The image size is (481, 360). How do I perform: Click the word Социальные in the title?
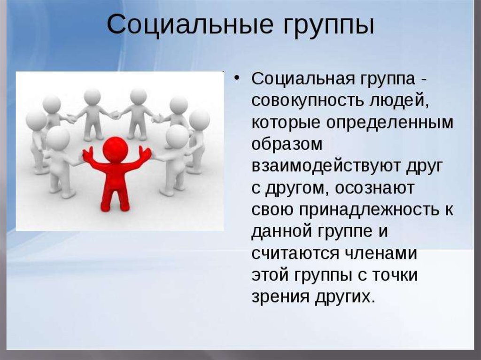tap(190, 24)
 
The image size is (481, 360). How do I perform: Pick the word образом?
tap(287, 144)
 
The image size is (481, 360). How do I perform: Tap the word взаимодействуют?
tap(326, 167)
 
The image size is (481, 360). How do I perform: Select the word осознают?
tap(374, 188)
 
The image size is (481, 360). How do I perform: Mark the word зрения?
tap(280, 297)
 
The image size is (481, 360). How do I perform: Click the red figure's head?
tap(115, 150)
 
